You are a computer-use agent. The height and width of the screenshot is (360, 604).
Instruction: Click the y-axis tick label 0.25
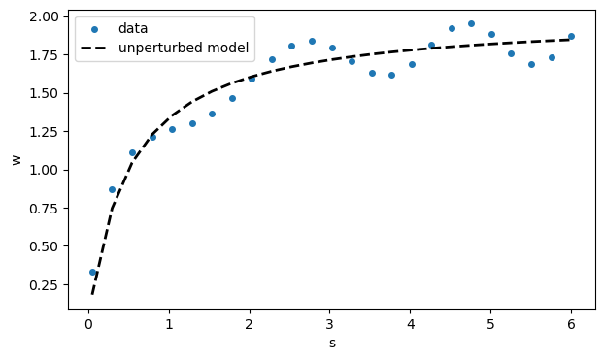(45, 284)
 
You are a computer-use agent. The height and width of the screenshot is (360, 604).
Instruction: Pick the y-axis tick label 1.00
(45, 170)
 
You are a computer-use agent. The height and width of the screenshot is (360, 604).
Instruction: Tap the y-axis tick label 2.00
(45, 17)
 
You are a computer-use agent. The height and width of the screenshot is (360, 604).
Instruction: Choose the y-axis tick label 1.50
(45, 93)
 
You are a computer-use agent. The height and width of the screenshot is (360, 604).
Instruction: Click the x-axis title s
(331, 343)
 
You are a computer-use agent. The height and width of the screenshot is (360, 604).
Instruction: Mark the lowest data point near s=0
(92, 272)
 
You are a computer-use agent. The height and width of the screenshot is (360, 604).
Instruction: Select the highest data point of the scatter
(471, 23)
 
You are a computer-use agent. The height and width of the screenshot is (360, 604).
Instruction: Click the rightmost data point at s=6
(571, 36)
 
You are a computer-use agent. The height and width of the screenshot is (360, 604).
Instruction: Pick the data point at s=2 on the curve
(252, 79)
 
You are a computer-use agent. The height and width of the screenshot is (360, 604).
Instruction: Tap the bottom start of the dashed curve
(92, 293)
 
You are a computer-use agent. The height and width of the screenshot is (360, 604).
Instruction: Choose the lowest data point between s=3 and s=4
(391, 75)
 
